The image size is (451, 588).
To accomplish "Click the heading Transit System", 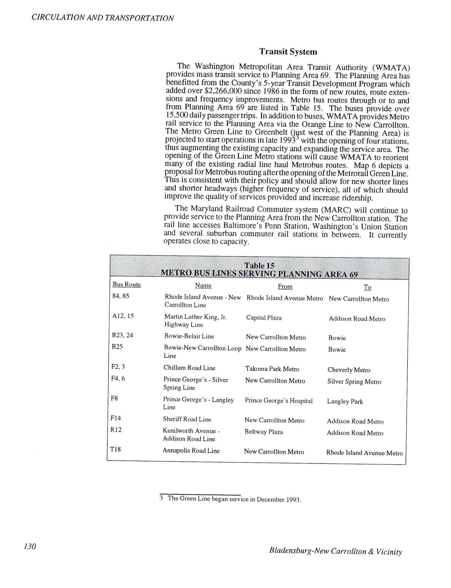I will coord(288,52).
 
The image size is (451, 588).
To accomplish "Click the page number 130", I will coord(30,546).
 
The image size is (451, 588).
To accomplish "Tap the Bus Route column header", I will coord(126,285).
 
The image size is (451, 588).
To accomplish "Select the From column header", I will coord(285,286).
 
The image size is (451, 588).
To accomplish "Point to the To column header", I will coord(367,287).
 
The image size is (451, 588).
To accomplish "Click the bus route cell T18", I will coord(116,449).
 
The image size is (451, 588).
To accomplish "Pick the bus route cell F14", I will coord(116,418).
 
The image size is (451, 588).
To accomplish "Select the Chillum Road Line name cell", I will coord(189,368).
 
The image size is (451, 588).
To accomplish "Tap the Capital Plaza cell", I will coord(264,318).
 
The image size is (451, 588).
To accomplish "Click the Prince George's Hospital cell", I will coord(279,401).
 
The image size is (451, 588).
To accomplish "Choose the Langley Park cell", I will coord(345,402).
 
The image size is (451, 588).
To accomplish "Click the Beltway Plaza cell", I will coord(263,432).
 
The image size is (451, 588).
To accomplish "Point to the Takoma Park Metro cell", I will coord(272,369).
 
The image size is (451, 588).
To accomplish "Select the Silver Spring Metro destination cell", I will coord(354,382).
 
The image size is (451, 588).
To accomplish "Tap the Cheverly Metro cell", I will coord(349,370).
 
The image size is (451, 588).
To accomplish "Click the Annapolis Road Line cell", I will coord(191,451).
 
